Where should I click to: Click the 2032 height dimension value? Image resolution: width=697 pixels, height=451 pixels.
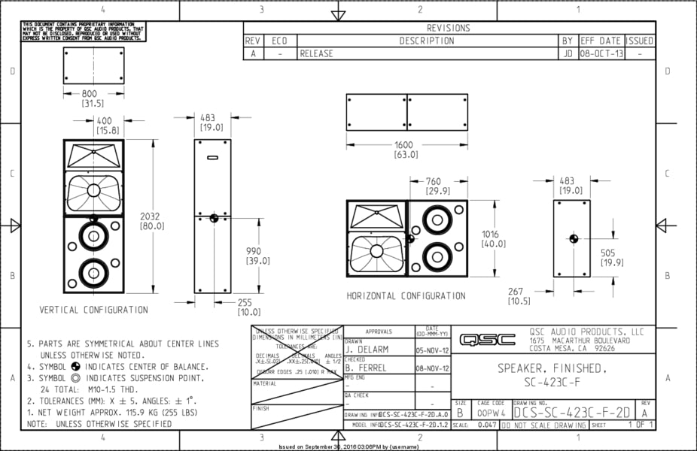click(x=150, y=216)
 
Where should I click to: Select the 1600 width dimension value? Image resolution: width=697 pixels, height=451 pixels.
click(x=406, y=145)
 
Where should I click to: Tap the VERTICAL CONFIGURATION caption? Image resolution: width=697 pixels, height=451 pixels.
click(x=94, y=310)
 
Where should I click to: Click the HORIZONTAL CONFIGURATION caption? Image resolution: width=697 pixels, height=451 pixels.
click(x=406, y=296)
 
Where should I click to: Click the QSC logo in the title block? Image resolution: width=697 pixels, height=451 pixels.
click(x=488, y=340)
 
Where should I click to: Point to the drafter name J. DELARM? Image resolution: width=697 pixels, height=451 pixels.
click(x=368, y=350)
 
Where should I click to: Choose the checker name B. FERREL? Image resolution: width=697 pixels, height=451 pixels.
click(x=367, y=368)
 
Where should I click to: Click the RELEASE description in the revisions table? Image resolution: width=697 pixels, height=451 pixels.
click(x=316, y=54)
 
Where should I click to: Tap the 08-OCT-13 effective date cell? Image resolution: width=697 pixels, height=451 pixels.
click(x=601, y=54)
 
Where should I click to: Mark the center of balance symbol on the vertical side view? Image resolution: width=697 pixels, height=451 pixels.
click(x=214, y=218)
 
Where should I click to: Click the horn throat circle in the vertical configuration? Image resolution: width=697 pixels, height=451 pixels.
click(x=93, y=190)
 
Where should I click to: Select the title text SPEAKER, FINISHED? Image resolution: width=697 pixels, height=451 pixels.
click(x=552, y=369)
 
